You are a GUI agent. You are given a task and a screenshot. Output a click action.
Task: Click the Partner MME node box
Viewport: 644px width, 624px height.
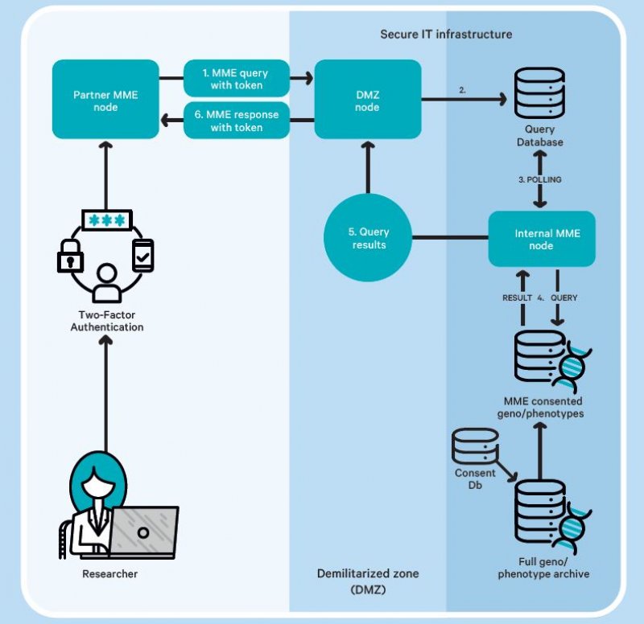[x=105, y=101]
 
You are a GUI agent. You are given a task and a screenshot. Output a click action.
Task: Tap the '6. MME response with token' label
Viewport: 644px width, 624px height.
[x=237, y=121]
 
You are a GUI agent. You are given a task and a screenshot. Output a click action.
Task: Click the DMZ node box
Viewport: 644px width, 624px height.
[x=367, y=101]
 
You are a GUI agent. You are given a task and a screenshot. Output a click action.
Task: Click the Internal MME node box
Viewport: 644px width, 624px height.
[x=542, y=239]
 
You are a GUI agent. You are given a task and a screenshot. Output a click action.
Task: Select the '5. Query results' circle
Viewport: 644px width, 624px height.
[x=367, y=239]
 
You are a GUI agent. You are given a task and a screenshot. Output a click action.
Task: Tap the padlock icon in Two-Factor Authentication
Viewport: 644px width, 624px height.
[x=72, y=257]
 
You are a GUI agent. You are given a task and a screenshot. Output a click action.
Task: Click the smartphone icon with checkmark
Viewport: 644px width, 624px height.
[x=143, y=254]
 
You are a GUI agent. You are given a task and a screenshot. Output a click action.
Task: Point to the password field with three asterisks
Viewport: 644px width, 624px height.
[x=107, y=220]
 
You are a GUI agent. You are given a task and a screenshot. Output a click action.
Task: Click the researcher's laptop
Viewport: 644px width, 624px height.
[x=143, y=532]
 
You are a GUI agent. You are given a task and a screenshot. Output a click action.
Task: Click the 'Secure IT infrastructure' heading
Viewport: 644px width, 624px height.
[x=446, y=35]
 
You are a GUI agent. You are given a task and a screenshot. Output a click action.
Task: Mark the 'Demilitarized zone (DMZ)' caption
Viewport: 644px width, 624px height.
[x=368, y=581]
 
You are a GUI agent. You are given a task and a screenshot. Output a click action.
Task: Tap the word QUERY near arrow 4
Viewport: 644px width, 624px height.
[x=563, y=297]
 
